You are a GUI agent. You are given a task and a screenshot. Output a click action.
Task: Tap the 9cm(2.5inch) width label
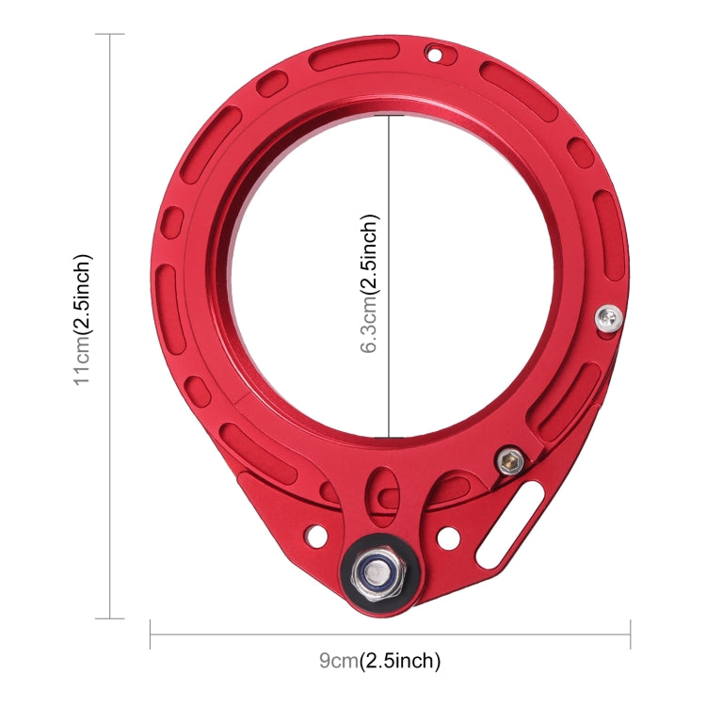[379, 661]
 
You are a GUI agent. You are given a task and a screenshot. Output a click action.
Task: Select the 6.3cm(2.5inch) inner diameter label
[371, 283]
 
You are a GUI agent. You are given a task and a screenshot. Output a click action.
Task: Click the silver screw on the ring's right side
[609, 319]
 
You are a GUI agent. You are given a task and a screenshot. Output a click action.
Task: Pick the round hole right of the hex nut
[448, 538]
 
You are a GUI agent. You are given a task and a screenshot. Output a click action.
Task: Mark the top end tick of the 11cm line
[110, 35]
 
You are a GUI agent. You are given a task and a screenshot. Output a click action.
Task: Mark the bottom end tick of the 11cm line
[110, 618]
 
